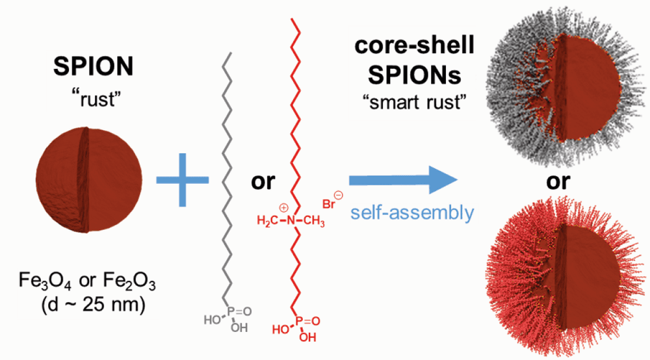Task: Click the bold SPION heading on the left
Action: (x=93, y=66)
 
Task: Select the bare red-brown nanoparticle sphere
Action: (x=88, y=179)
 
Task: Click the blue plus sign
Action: (x=183, y=180)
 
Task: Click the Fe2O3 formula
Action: (x=130, y=281)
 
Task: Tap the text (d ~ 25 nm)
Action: (x=93, y=305)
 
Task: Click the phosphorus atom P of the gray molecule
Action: (x=231, y=311)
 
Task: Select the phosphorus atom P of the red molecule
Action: (x=299, y=321)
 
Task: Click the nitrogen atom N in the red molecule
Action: (x=291, y=220)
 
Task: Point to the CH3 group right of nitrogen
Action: (x=314, y=221)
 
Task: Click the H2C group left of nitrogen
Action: (x=268, y=221)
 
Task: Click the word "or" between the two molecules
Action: (x=263, y=181)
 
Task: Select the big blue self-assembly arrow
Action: (x=403, y=180)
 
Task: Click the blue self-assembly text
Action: (x=412, y=213)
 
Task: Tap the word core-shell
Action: (x=414, y=45)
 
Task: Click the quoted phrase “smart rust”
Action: (x=415, y=101)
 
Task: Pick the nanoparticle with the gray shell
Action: (x=566, y=86)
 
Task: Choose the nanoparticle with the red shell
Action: (x=566, y=277)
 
